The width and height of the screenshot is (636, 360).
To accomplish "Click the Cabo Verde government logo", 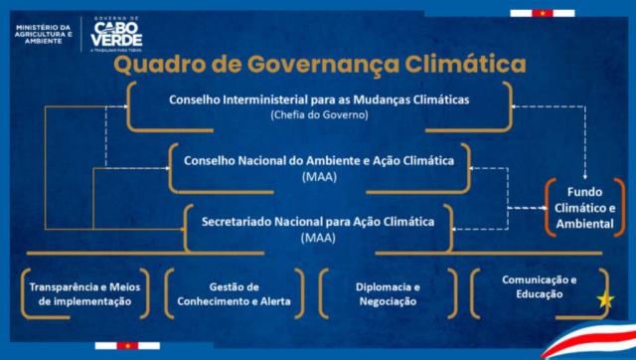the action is pos(116,35).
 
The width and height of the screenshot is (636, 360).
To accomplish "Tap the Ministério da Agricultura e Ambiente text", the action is pos(44,35).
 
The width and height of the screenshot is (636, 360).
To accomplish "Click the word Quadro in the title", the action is pos(154,65).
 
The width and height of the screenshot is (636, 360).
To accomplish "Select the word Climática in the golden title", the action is pos(465,64).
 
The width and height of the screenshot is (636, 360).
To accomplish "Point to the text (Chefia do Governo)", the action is pos(319,114).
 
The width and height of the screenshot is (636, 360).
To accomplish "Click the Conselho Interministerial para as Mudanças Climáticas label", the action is pos(319,99).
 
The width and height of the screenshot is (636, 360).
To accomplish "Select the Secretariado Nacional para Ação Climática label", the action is pos(318,222).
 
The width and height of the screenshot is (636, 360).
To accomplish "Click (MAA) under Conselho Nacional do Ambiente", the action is pos(319,177).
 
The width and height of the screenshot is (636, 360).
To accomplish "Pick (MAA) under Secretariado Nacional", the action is pos(318,238).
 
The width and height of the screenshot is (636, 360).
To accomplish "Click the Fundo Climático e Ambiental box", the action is pos(584,208).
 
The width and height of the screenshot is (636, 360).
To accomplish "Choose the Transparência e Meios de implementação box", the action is pos(84,293).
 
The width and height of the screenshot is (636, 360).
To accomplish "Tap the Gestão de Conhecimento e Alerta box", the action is pos(235,293).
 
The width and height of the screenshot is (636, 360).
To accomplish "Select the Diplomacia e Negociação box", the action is pos(388,293).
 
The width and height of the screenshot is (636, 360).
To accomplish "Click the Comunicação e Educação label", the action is pos(539,286).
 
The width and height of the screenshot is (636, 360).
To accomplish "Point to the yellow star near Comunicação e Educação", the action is pos(605,300).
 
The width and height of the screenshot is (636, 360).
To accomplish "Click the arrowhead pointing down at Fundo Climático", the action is pos(585,176).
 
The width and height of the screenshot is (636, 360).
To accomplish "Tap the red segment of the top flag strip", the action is pos(543,13).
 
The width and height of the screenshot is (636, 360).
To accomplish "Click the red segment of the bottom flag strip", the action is pos(127,346).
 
